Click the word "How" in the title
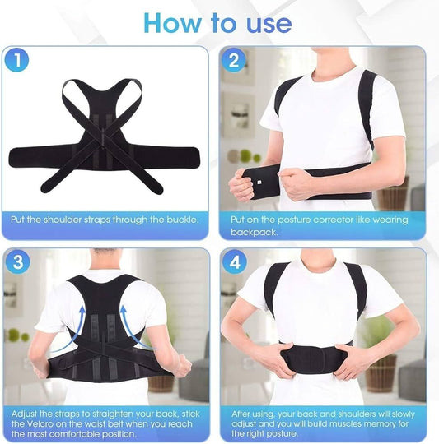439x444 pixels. [168, 21]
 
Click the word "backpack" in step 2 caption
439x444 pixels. [253, 233]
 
